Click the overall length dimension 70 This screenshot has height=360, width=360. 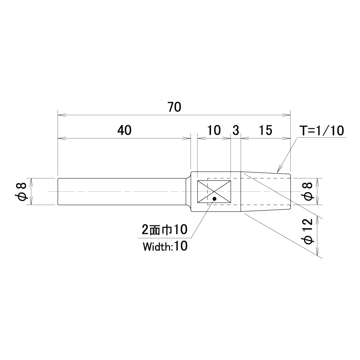point(174,107)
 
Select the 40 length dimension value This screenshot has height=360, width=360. point(124,130)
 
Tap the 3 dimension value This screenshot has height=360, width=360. point(236,130)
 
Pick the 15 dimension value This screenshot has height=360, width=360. point(266,130)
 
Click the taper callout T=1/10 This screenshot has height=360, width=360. point(322,130)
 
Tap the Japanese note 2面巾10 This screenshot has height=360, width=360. point(164,230)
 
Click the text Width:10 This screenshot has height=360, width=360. point(165,247)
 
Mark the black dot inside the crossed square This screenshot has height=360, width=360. point(215,199)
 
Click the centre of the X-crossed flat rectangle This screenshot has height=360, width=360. point(214,191)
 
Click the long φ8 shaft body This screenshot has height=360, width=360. point(122,191)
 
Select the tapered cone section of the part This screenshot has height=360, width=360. point(266,191)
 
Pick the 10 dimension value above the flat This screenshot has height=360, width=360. point(214,130)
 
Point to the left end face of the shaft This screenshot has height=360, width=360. point(58,191)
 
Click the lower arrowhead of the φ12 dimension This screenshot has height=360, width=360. point(317,252)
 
